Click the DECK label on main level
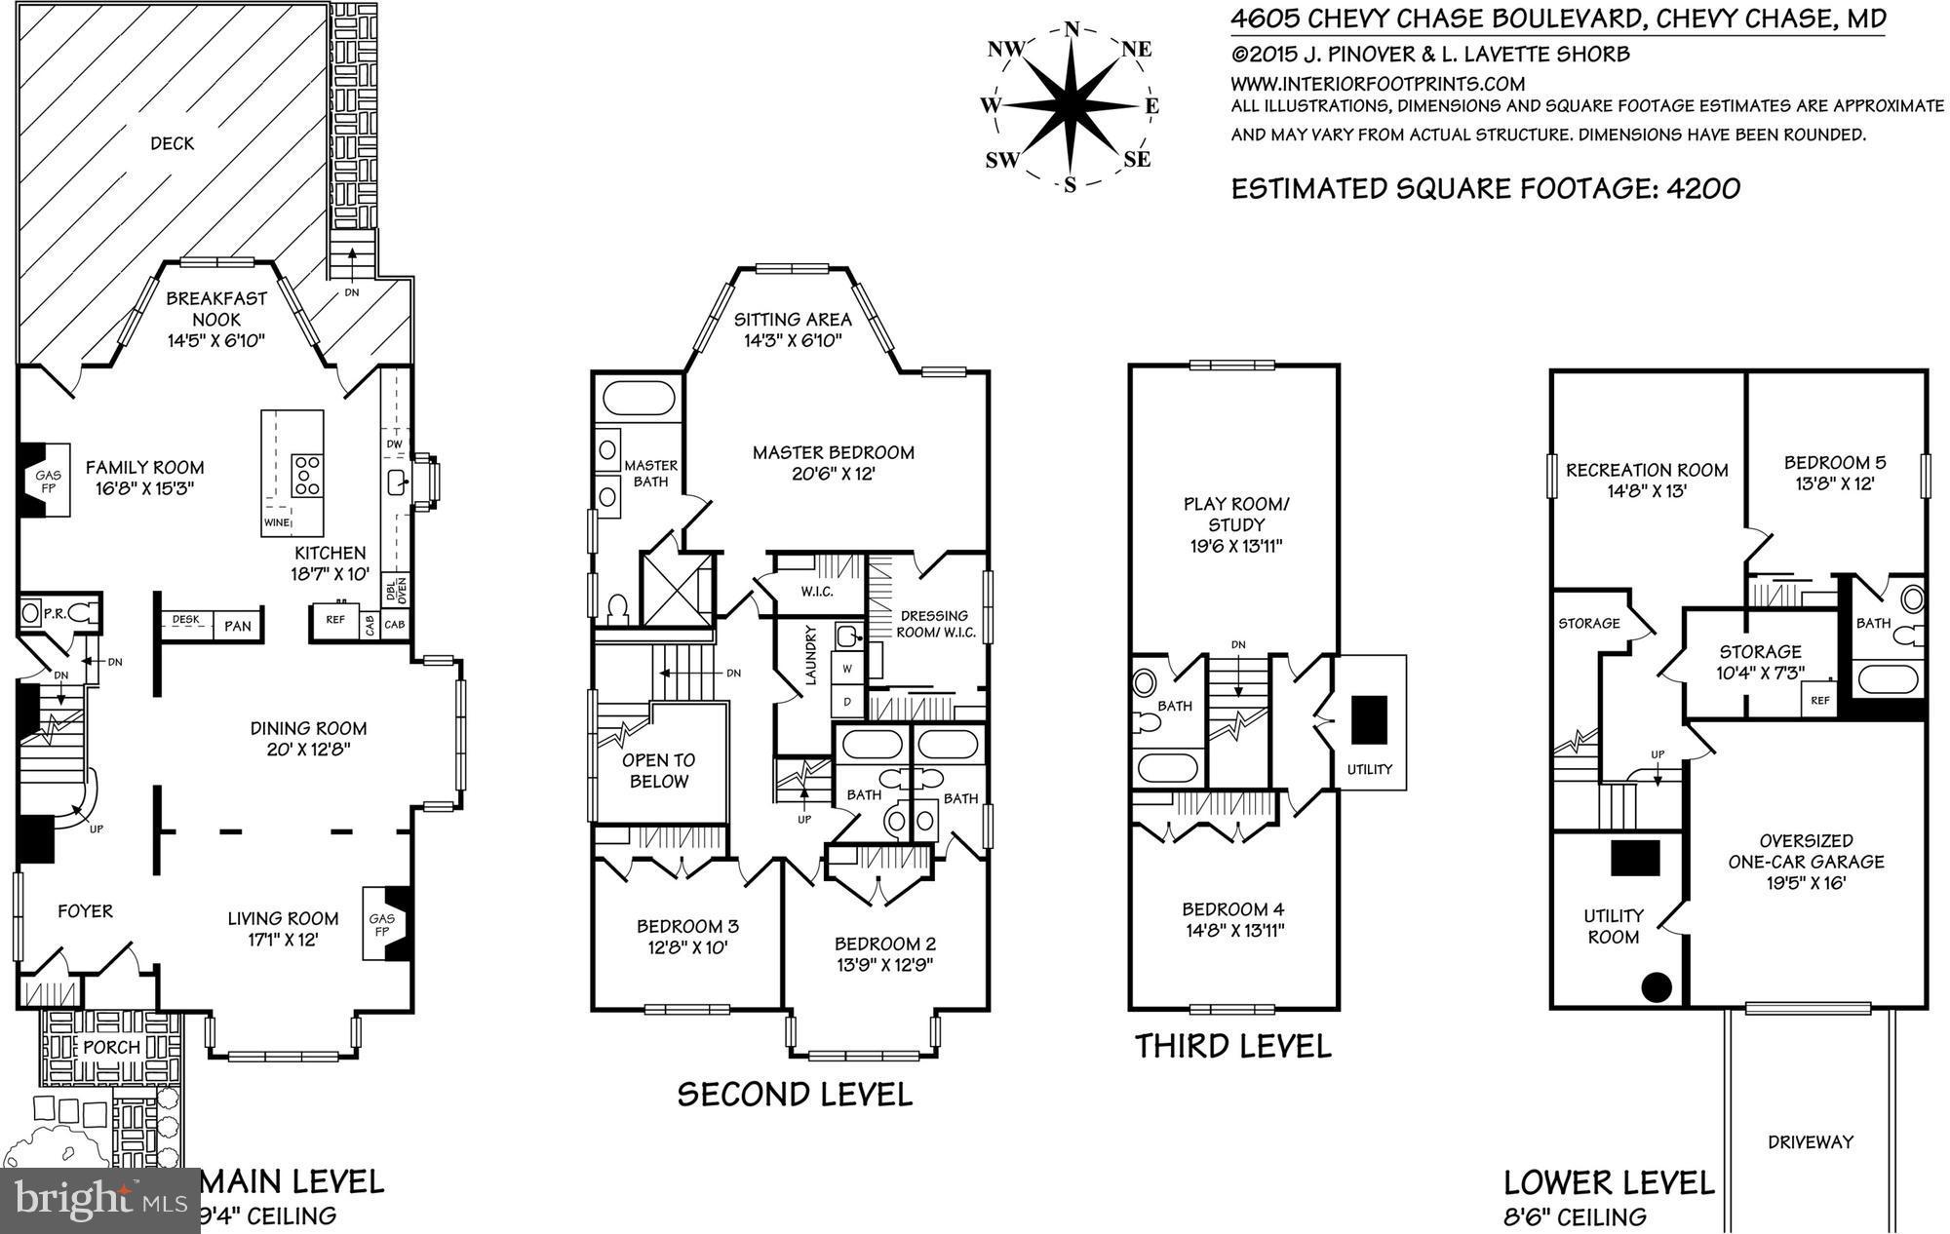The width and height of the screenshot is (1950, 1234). point(172,143)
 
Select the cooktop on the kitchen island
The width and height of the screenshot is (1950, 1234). point(308,477)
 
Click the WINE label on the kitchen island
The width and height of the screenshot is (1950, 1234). point(276,523)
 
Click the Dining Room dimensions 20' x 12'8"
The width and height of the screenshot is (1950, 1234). point(308,750)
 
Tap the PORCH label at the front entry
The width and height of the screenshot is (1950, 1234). point(111,1047)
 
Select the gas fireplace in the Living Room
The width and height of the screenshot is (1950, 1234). point(383,924)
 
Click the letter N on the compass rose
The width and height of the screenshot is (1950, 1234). point(1072,29)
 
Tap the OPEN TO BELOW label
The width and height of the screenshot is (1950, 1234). point(659,770)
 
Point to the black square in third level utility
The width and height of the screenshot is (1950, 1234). point(1369,719)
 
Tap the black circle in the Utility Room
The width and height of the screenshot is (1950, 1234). point(1657,987)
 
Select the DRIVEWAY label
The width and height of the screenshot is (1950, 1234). point(1811,1141)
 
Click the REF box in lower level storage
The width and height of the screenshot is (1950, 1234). point(1819,700)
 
